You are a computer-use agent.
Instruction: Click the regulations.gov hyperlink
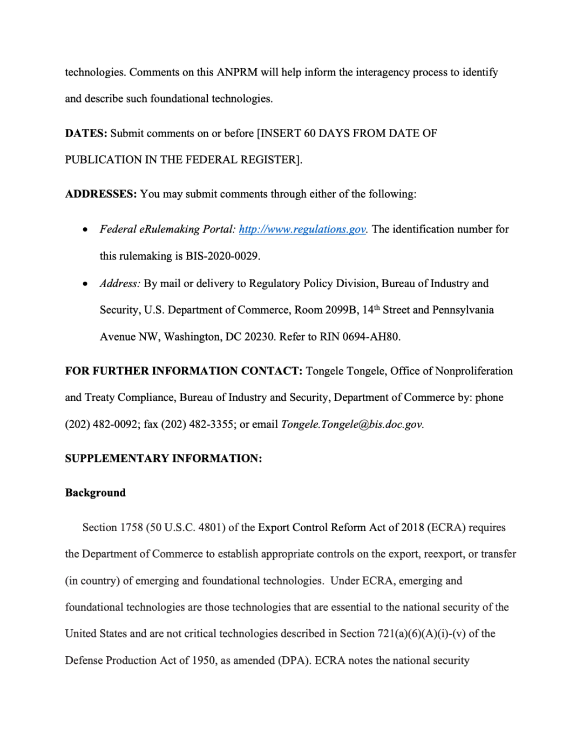tap(302, 229)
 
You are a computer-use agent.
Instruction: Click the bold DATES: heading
tap(86, 133)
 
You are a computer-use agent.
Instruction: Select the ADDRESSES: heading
tap(101, 194)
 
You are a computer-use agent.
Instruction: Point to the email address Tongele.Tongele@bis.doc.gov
tap(352, 424)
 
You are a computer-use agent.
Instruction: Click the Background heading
tap(96, 493)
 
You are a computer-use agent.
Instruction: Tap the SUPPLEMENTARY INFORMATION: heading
tap(164, 458)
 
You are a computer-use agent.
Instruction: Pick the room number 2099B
tap(341, 310)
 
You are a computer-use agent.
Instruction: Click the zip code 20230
tap(260, 337)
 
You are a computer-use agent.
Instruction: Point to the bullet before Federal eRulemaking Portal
tap(85, 230)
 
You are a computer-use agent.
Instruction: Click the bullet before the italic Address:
tap(85, 284)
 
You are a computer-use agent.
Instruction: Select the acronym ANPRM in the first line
tap(237, 72)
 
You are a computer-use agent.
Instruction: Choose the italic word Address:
tap(120, 283)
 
